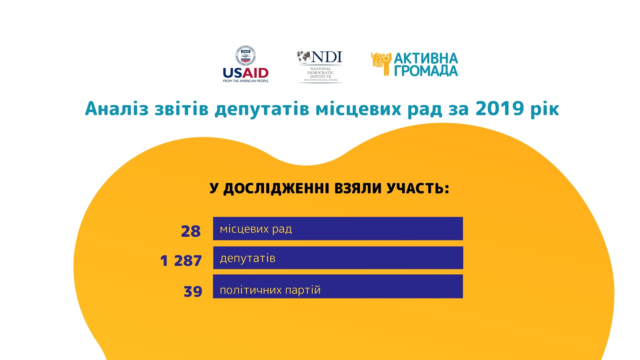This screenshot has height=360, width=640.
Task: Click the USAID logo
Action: (246, 64)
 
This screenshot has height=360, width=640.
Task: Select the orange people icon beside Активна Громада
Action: (381, 64)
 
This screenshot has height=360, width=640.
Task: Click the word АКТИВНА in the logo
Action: (426, 58)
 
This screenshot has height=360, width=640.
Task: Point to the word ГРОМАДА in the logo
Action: (426, 71)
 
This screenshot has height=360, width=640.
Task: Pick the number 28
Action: (191, 231)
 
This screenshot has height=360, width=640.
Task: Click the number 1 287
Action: (181, 261)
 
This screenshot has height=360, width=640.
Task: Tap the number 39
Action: (193, 292)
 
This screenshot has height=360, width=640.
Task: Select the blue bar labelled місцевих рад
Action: (338, 228)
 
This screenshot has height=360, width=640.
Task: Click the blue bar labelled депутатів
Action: (338, 258)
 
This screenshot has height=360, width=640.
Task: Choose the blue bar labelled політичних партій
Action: (338, 286)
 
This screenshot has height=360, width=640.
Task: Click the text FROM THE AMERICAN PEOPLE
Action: (246, 81)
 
